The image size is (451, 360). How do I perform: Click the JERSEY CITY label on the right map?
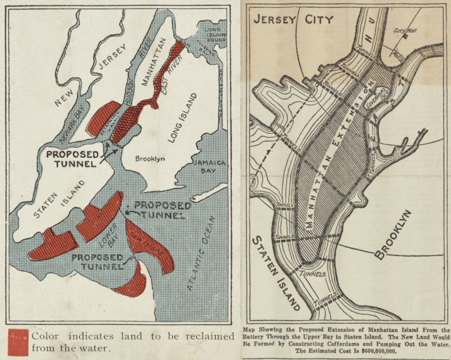click(x=293, y=19)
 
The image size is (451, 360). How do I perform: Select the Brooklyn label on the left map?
click(x=150, y=159)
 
